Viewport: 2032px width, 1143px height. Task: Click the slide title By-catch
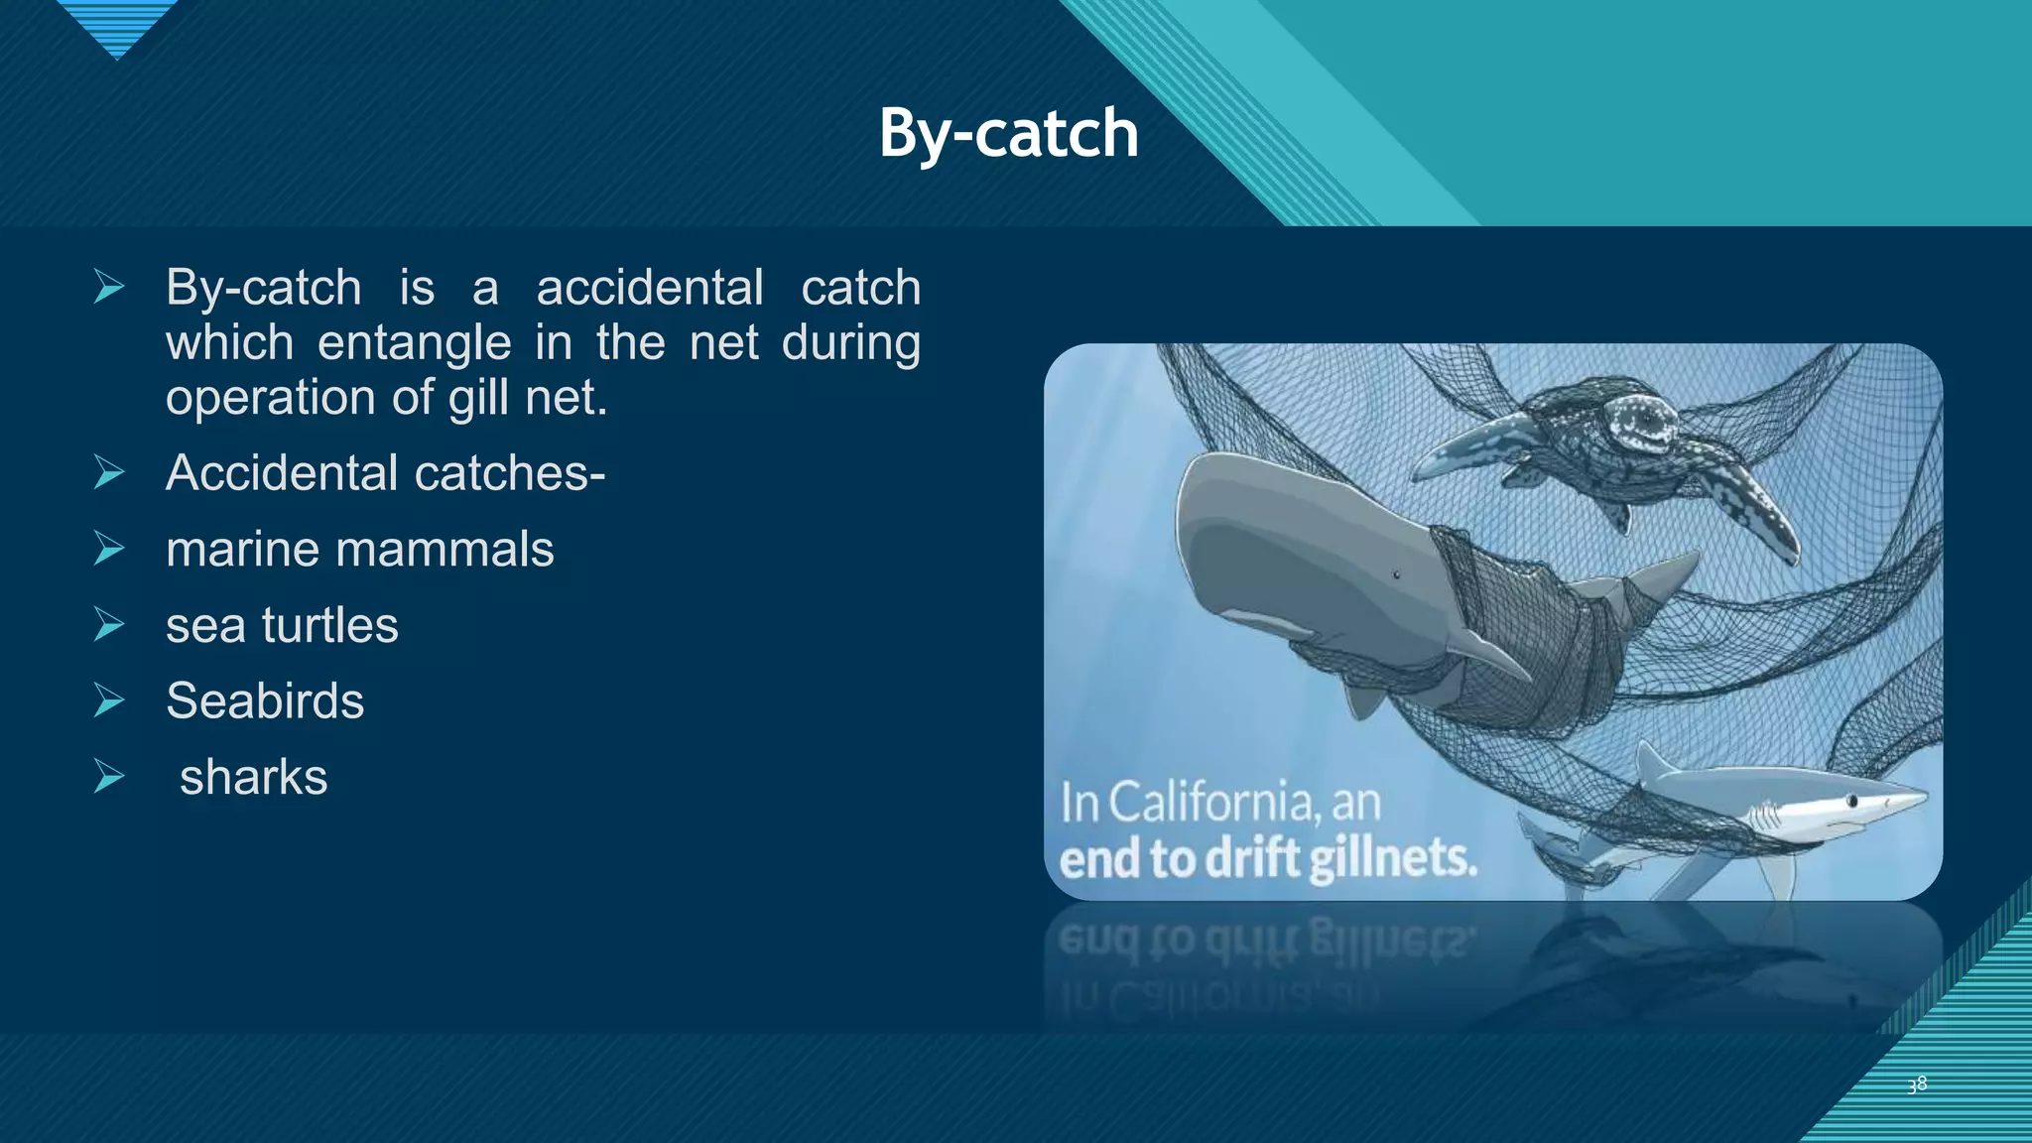[1008, 133]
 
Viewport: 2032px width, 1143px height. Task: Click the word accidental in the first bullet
[649, 288]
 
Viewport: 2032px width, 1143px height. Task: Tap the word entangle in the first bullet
[414, 342]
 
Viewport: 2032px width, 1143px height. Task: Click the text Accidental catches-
[385, 472]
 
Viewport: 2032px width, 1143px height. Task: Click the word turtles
[329, 625]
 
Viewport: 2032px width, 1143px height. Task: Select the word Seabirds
[265, 700]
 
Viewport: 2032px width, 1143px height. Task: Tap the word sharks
[253, 777]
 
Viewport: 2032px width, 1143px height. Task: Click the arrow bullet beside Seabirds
[109, 700]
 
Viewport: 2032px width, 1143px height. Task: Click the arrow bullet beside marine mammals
[109, 549]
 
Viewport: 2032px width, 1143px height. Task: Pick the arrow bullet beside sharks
[109, 777]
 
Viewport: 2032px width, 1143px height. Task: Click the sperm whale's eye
[1396, 574]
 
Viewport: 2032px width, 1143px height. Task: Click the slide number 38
[1917, 1084]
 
